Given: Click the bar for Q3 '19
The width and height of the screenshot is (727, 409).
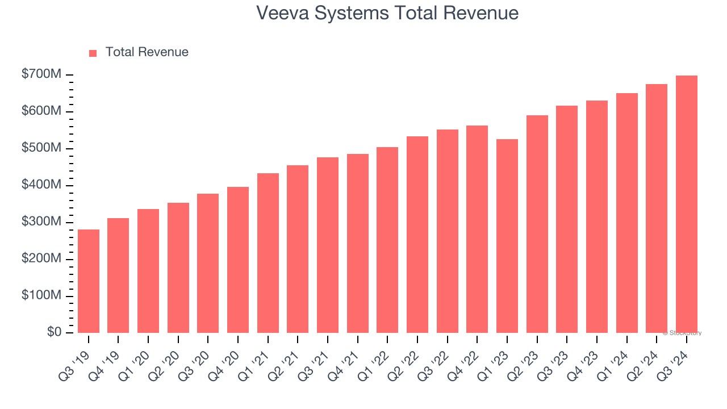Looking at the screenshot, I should [x=89, y=281].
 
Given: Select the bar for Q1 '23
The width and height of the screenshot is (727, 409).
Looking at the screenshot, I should [x=507, y=236].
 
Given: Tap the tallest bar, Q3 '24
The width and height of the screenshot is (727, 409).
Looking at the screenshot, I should [x=686, y=204].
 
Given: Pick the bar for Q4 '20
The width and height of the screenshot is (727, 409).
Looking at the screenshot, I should [x=238, y=260].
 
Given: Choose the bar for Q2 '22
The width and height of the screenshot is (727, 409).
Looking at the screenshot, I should [x=417, y=235].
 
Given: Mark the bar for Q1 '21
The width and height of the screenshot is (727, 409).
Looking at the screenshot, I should [x=268, y=253].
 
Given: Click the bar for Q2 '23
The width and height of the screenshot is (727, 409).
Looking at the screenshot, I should [x=537, y=224].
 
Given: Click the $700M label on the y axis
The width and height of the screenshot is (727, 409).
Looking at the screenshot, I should [x=41, y=74].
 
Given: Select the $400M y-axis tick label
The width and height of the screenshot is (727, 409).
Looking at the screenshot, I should [x=41, y=185].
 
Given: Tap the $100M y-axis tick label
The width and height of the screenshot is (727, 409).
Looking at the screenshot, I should [x=41, y=296].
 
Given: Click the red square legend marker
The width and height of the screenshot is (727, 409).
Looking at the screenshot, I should [x=93, y=53].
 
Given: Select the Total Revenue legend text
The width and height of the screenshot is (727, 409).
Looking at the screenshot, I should [x=147, y=52].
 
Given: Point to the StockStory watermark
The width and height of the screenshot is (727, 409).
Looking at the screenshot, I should [x=682, y=333].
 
